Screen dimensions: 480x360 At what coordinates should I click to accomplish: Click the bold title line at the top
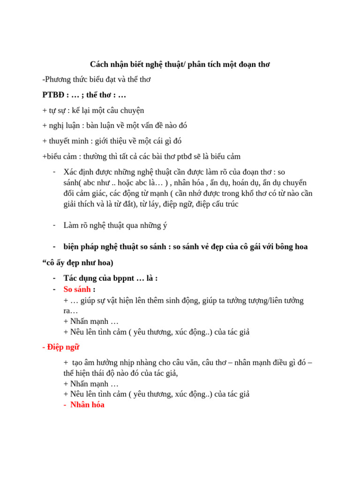coord(180,64)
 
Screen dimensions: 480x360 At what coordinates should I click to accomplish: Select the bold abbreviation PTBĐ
coord(53,95)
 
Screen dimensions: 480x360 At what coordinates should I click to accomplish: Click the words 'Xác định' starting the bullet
coord(77,172)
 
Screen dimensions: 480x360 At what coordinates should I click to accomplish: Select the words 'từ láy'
coord(150,204)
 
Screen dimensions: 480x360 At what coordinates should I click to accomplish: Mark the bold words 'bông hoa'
coord(292,247)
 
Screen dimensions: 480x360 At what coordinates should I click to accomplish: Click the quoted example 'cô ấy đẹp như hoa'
coord(77,262)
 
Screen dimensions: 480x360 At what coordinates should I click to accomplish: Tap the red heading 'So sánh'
coord(77,289)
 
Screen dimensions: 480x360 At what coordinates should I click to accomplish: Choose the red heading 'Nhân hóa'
coord(87,405)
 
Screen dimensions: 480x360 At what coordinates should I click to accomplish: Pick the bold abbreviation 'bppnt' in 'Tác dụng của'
coord(124,278)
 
